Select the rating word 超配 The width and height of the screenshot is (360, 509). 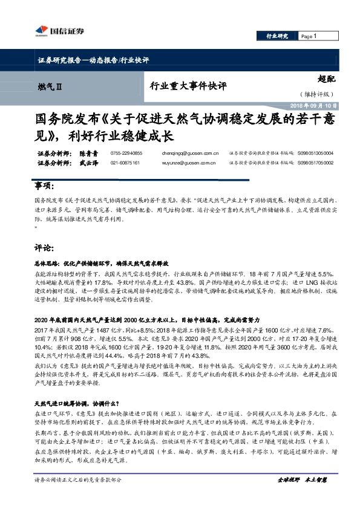(327, 78)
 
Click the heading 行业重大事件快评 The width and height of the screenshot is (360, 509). (188, 86)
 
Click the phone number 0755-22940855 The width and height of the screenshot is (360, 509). (126, 154)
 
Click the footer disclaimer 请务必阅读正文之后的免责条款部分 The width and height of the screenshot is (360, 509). (79, 496)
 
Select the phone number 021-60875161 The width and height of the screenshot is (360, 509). (126, 163)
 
